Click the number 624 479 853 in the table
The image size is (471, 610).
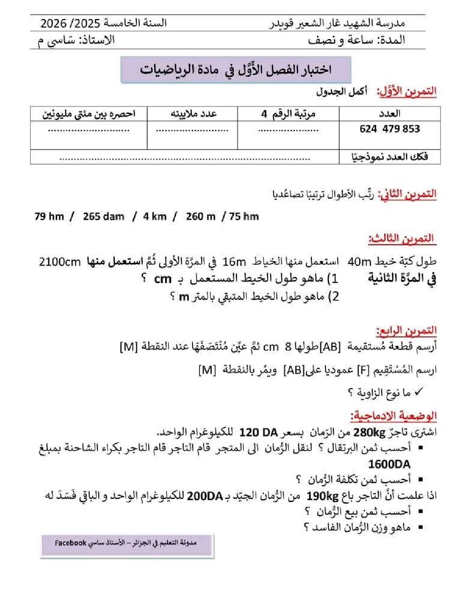[390, 129]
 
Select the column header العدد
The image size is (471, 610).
[389, 114]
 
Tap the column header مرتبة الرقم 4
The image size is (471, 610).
[288, 114]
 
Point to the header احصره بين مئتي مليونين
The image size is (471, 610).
[89, 114]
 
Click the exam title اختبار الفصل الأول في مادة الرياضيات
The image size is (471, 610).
[235, 69]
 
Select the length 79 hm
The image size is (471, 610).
[49, 216]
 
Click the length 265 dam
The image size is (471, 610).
[103, 216]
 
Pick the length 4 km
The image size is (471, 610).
[155, 216]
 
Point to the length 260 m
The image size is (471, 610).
[200, 216]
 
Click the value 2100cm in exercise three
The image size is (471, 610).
[60, 262]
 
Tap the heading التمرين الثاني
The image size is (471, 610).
[407, 194]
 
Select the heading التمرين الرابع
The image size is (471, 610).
[406, 331]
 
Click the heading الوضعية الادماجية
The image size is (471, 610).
[394, 416]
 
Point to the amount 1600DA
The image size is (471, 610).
[389, 464]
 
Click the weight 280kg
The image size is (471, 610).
[366, 432]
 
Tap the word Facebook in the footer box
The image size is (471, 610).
[71, 543]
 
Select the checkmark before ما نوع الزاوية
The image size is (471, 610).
[418, 392]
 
